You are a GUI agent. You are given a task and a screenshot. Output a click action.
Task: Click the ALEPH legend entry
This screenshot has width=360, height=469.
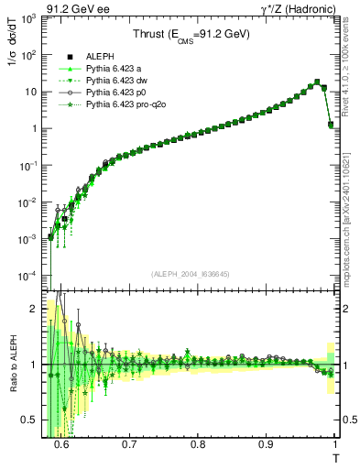pyautogui.click(x=100, y=58)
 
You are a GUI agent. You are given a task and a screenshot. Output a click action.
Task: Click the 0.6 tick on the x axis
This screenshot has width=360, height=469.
pyautogui.click(x=61, y=443)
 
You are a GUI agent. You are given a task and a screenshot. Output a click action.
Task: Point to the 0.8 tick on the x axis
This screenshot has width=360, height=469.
pyautogui.click(x=198, y=443)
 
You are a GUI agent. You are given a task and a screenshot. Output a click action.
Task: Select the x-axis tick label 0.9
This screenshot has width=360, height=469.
pyautogui.click(x=267, y=443)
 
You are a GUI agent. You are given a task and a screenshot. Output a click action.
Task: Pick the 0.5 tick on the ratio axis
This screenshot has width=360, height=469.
pyautogui.click(x=37, y=420)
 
